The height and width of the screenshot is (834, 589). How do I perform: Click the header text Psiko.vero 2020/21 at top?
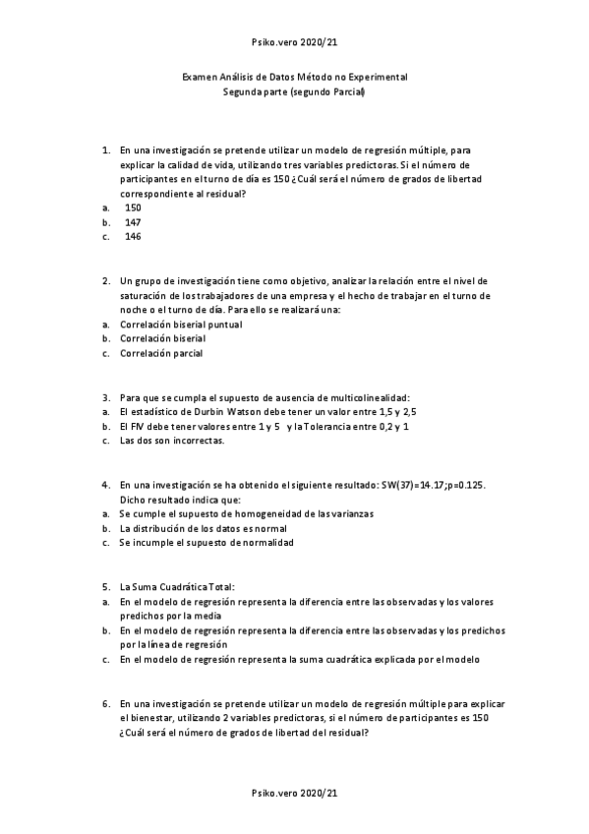295,43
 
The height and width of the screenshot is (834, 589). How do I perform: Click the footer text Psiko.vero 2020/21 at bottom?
295,793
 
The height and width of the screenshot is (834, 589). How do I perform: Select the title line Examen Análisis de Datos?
295,77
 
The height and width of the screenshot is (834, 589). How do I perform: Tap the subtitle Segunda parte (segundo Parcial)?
295,91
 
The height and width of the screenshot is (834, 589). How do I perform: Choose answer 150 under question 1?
133,208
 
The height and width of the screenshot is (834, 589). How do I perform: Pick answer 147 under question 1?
133,222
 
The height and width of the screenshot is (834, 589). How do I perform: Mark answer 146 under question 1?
133,236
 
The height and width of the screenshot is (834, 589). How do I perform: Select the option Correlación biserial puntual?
181,324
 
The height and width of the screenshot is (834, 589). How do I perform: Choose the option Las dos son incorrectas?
172,441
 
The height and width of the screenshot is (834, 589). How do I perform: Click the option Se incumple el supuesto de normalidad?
206,542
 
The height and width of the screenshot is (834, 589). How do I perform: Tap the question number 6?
105,703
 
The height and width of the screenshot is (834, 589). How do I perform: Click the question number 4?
105,485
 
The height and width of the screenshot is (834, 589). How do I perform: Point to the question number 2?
105,280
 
